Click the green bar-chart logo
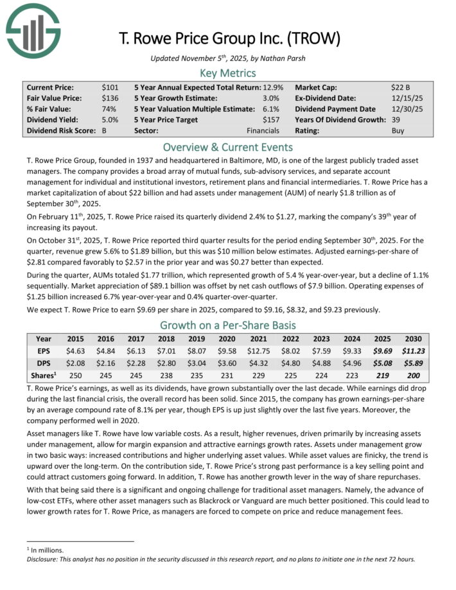[x=33, y=31]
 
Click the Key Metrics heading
[x=228, y=73]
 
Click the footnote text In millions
[x=43, y=550]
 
